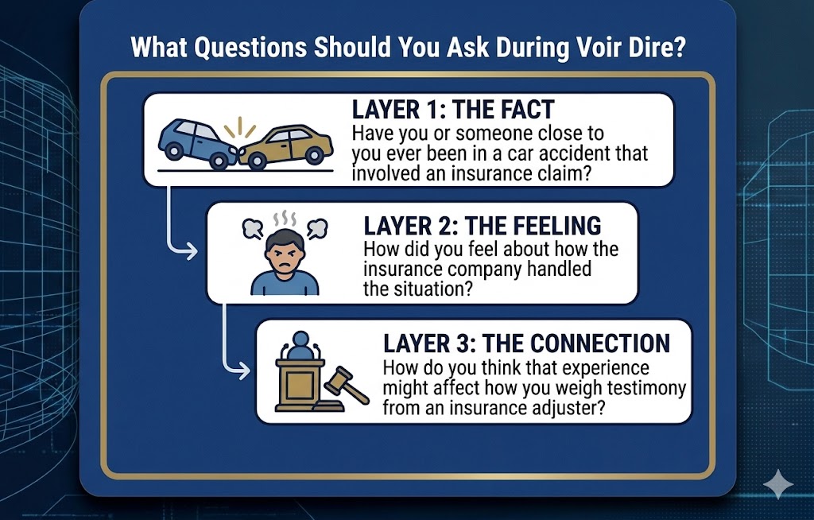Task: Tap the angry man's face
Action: pyautogui.click(x=284, y=249)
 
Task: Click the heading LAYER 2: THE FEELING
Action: pyautogui.click(x=482, y=226)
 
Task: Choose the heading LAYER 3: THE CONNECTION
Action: pyautogui.click(x=526, y=343)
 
